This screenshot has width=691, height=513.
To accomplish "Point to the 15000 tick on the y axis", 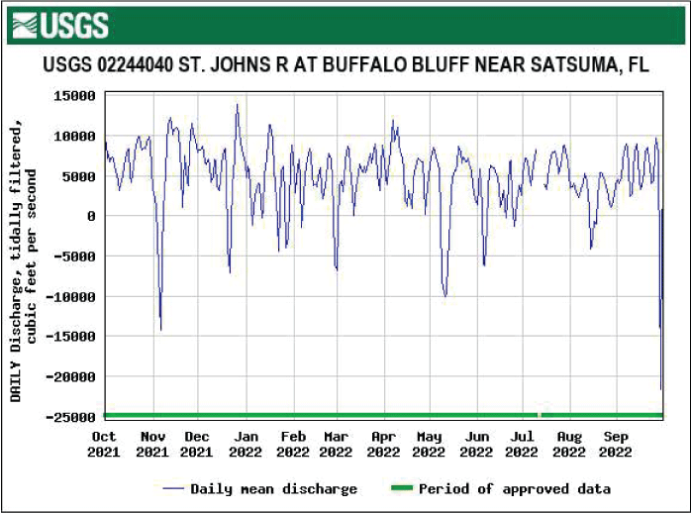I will coord(75,96).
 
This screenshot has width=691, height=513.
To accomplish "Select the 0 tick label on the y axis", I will coord(91,216).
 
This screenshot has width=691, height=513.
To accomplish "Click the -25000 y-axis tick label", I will coord(71,417).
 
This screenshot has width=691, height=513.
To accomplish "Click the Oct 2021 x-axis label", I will coord(103,444).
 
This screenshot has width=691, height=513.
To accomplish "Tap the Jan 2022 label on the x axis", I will coord(246,444).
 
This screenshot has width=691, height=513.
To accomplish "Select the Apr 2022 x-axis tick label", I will coord(383,444).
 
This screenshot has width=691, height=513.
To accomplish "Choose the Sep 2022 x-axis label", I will coord(616,444).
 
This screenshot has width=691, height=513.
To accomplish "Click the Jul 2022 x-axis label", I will coord(522,444).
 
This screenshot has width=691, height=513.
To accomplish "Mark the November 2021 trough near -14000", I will coord(160,329).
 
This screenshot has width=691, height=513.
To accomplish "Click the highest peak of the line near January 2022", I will coord(237,105).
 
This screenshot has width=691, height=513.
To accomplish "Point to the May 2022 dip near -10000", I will coord(445,295).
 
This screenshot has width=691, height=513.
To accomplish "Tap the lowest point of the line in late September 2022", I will coord(661,388).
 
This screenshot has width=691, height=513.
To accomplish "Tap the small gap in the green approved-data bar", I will coord(540,414).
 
